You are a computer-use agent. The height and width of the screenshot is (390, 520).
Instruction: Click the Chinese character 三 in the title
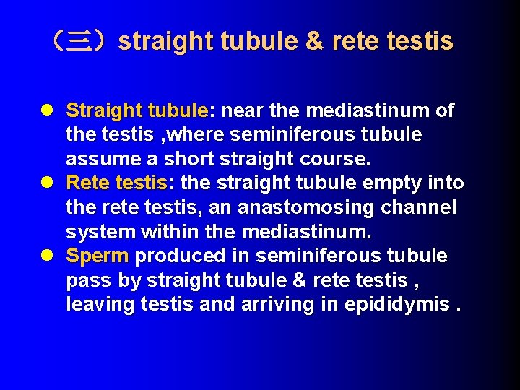coord(77,41)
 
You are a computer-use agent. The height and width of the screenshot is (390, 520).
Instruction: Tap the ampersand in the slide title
coord(314,41)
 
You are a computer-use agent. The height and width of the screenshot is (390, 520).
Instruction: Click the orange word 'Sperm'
coord(97,256)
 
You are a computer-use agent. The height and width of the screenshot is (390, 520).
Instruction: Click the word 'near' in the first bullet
coord(242,110)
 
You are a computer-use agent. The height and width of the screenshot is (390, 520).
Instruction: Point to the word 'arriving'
coord(274,305)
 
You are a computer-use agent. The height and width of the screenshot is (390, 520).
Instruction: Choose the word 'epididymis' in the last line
coord(396,305)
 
